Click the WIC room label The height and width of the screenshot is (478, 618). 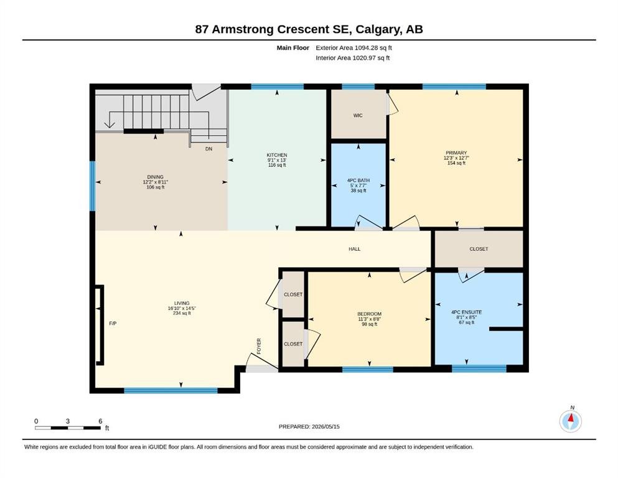(358, 116)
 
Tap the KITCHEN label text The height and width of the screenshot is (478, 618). (277, 155)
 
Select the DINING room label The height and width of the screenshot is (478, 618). (156, 177)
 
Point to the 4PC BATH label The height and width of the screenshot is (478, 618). (358, 180)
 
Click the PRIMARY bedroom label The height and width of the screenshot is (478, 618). (456, 153)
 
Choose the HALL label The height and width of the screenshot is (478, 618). (354, 249)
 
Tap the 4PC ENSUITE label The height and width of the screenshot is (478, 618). (467, 312)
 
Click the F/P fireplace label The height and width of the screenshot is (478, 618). (113, 324)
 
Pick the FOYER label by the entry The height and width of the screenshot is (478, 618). (259, 346)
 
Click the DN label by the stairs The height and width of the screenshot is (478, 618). (209, 149)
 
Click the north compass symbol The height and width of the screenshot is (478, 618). (570, 421)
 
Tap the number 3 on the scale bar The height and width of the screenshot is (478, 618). (68, 421)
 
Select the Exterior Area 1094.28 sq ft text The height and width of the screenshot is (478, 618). (353, 48)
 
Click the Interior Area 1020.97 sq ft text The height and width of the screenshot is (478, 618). (353, 58)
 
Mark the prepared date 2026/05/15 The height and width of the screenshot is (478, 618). (325, 426)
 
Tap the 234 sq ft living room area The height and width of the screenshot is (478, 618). (182, 313)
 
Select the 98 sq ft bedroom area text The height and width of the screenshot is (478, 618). (369, 324)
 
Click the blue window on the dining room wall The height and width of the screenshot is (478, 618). (93, 186)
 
